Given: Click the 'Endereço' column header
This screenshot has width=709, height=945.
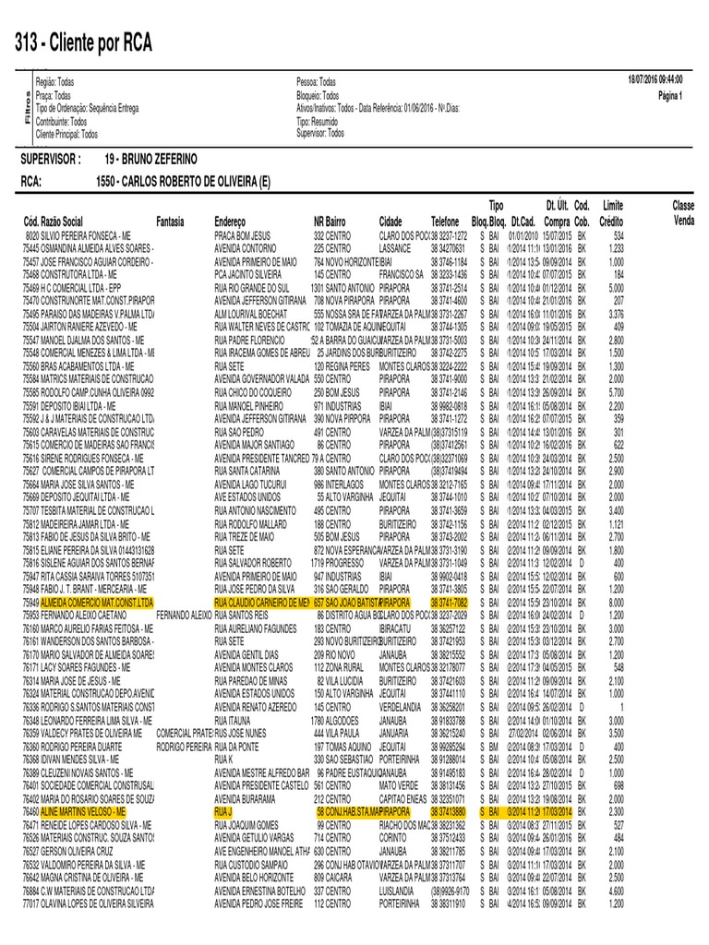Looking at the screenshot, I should tap(236, 221).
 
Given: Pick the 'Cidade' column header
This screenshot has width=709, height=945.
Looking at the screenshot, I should tap(391, 221).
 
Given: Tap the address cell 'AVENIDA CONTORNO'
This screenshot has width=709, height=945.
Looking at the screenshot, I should tap(245, 249).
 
